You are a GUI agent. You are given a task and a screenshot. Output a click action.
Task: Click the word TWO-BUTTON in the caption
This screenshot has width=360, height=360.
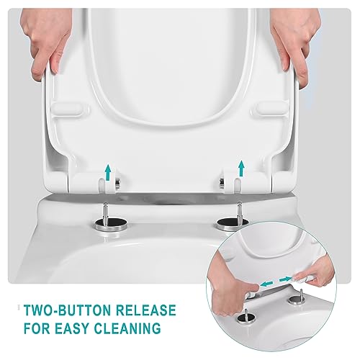[68, 310]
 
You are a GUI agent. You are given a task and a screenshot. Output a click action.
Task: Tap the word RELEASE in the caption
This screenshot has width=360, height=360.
[146, 310]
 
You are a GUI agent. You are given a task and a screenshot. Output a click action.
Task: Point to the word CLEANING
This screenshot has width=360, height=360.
[127, 328]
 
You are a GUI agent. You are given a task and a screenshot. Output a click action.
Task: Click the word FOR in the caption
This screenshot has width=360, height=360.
[37, 328]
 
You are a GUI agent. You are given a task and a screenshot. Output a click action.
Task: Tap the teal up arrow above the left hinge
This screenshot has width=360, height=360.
[108, 171]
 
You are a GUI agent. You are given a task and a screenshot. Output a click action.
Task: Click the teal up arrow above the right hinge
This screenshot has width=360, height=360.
[241, 168]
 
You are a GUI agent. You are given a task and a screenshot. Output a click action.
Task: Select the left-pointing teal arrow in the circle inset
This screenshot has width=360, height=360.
[267, 284]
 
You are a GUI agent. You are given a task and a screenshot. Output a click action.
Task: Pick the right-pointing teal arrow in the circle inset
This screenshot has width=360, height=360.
[285, 279]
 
